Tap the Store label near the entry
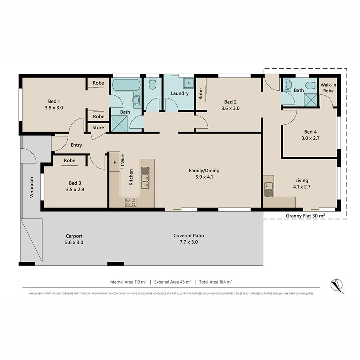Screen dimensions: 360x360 (98, 127)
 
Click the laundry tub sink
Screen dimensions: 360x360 (189, 82)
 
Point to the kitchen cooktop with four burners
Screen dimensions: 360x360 (131, 202)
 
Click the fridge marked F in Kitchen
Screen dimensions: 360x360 (114, 163)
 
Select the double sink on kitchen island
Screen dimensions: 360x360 (145, 178)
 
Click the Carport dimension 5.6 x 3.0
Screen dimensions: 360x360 (74, 242)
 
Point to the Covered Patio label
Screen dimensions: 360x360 (188, 235)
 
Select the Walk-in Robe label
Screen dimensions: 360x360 (328, 88)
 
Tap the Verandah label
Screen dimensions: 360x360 (32, 187)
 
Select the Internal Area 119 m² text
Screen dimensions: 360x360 (127, 282)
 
